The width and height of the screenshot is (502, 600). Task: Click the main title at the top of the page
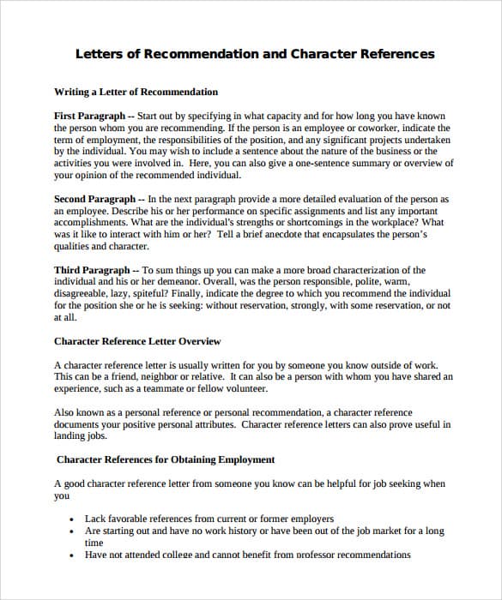click(x=255, y=54)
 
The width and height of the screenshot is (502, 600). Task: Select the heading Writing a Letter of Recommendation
click(x=136, y=92)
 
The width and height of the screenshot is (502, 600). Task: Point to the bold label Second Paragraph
click(x=94, y=199)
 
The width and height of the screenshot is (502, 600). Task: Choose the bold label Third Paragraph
click(x=92, y=270)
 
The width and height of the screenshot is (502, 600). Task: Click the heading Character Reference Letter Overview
click(x=137, y=341)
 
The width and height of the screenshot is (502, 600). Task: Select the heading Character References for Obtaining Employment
click(x=166, y=459)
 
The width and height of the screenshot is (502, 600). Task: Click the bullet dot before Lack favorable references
click(x=71, y=519)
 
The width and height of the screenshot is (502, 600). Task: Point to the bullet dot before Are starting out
click(x=71, y=531)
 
